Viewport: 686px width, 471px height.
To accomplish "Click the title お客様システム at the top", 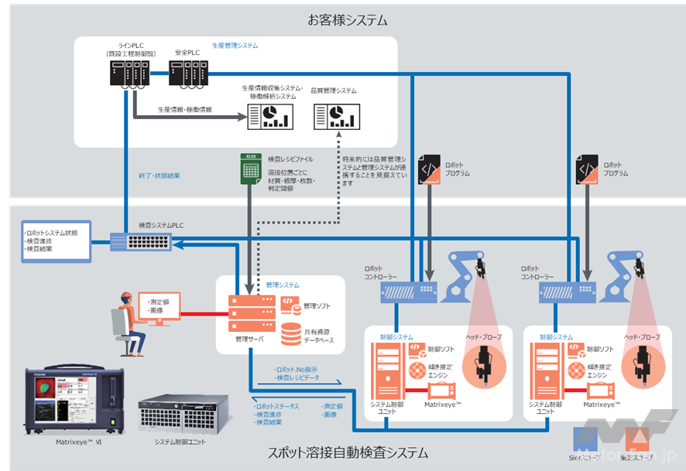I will [342, 19].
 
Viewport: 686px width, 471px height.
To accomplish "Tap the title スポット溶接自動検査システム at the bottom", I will [342, 452].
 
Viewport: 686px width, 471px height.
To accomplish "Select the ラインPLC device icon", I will [128, 73].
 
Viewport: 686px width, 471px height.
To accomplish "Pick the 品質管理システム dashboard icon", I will [331, 116].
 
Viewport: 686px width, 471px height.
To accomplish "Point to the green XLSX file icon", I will [250, 169].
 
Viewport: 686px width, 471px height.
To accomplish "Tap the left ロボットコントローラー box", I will [411, 291].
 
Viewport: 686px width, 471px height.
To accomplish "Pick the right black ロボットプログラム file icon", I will [588, 169].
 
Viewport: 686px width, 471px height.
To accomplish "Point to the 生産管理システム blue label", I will [235, 46].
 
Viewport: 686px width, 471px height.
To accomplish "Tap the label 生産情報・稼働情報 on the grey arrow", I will [184, 110].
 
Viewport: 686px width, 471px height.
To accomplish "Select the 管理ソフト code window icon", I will [287, 302].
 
